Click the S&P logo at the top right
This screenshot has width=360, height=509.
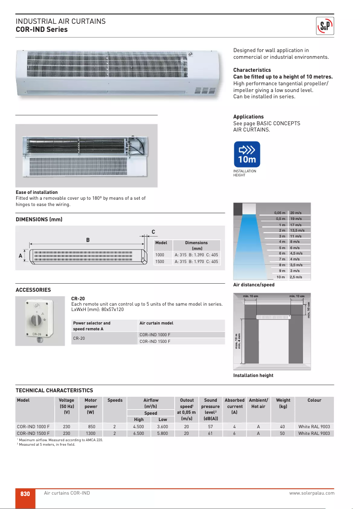coord(326,26)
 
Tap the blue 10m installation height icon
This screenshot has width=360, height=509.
coord(247,154)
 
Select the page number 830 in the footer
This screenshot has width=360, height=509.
coord(25,493)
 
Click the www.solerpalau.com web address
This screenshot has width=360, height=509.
coord(312,493)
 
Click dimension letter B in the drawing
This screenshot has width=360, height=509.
coord(88,240)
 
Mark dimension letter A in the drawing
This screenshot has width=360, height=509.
coord(20,256)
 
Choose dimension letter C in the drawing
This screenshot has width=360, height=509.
coord(153,232)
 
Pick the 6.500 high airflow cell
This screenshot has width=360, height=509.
coord(139,434)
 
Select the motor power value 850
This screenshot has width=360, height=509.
coord(91,426)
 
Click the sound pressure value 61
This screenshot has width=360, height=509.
coord(211,434)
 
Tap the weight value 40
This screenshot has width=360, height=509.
coord(282,426)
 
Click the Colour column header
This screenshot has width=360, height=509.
coord(314,400)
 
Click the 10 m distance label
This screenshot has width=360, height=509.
coord(281,277)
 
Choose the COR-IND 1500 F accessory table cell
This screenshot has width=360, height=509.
coord(155,342)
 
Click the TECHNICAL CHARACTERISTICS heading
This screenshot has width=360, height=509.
coord(54,391)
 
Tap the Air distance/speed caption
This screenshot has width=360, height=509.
coord(254,285)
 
